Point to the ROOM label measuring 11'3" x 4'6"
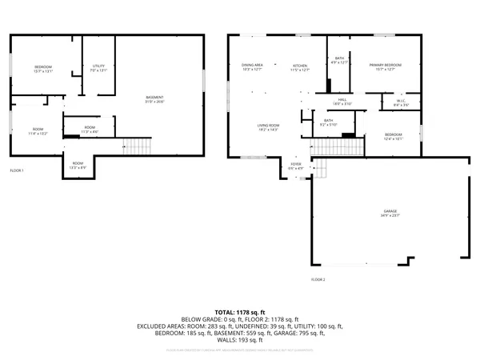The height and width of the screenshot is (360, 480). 90,130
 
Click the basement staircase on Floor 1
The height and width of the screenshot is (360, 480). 138,146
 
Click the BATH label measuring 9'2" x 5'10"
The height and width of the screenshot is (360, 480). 329,122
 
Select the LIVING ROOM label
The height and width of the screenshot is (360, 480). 267,127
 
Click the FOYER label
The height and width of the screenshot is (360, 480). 296,166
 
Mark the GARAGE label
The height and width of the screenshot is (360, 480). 390,213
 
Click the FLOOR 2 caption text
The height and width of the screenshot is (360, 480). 318,279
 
